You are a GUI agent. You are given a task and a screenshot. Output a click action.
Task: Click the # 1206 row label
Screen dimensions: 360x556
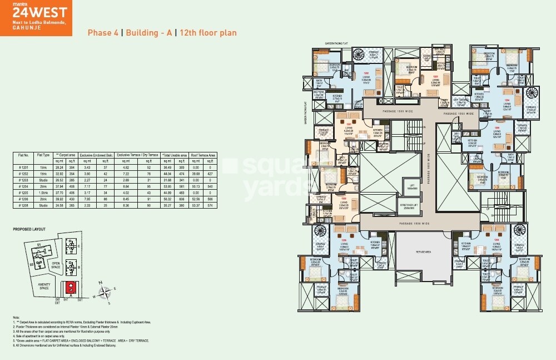pos(23,198)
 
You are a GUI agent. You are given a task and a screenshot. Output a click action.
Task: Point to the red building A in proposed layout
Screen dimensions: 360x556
pos(71,287)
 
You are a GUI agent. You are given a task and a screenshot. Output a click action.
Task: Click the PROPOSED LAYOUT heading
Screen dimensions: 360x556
pos(29,229)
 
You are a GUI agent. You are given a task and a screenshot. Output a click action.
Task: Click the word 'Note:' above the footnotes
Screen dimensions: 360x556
pos(16,317)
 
